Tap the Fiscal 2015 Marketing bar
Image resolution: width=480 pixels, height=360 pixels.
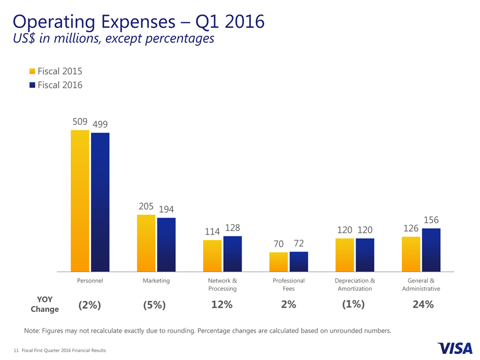pos(146,243)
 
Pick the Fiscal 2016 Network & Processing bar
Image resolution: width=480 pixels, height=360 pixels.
pos(232,254)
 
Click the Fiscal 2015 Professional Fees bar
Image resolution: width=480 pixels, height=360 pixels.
pos(279,262)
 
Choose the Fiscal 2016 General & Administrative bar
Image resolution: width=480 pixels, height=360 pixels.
pos(431,250)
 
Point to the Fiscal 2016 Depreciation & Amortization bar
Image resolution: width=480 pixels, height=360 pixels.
pos(365,255)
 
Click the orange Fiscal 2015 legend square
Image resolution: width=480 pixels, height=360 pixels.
pos(32,71)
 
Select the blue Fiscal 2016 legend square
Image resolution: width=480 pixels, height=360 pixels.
pos(32,85)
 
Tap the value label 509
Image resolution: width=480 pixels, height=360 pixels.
pos(80,122)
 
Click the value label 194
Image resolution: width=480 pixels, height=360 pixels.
pos(167,209)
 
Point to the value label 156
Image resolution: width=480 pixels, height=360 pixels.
pos(431,220)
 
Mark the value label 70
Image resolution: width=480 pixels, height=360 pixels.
pos(279,244)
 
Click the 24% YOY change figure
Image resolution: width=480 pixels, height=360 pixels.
pos(423,305)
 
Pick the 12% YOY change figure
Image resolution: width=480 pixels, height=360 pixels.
pos(221,305)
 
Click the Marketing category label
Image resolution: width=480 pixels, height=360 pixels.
pos(156,280)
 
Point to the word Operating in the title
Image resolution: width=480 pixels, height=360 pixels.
pos(51,22)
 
